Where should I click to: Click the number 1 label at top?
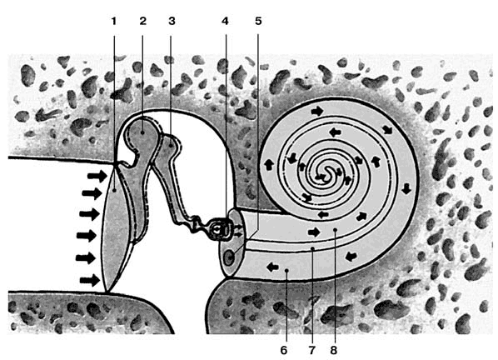[x=114, y=22]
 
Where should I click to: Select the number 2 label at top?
[x=143, y=22]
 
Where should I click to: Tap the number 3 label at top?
[x=172, y=22]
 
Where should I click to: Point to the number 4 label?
[x=225, y=22]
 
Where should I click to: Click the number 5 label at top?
[x=258, y=22]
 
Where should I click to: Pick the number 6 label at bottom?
[x=284, y=351]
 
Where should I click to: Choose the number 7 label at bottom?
[x=312, y=351]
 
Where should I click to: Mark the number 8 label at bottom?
[x=333, y=351]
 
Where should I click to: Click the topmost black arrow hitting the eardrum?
[x=97, y=176]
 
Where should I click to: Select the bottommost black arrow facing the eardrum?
[x=90, y=280]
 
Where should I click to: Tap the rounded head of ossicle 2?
[x=142, y=131]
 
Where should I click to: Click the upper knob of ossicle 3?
[x=171, y=144]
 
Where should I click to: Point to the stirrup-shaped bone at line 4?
[x=219, y=229]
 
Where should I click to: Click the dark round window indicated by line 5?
[x=229, y=257]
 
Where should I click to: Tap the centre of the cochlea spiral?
[x=323, y=175]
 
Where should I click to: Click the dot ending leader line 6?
[x=286, y=270]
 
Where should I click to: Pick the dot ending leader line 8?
[x=336, y=229]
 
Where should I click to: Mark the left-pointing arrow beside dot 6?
[x=272, y=267]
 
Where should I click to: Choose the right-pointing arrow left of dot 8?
[x=314, y=232]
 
